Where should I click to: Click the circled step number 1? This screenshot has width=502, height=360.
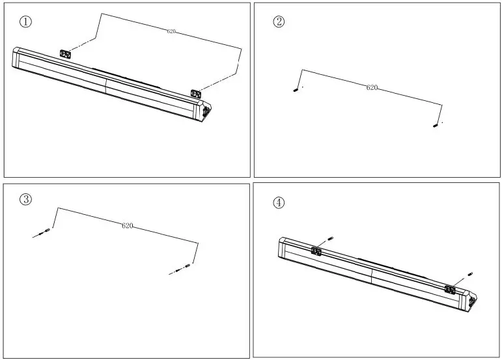tap(25, 21)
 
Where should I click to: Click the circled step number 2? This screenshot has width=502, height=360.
tap(279, 21)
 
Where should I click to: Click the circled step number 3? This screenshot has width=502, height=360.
tap(25, 199)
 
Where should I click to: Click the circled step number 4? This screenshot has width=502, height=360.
tap(279, 202)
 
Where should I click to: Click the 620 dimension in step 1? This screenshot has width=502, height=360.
tap(171, 31)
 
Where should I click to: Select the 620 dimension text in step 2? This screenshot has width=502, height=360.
tap(372, 87)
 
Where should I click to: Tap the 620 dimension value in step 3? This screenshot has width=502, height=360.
tap(128, 225)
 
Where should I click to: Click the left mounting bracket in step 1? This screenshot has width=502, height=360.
tap(65, 53)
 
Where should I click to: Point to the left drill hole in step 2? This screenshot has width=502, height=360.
tap(296, 90)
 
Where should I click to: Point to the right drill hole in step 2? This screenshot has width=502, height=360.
tap(436, 126)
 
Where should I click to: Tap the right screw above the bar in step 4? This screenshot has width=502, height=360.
tap(470, 273)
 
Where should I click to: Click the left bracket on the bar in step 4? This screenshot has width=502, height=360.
tap(317, 251)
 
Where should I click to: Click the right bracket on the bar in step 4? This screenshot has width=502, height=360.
tap(449, 288)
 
